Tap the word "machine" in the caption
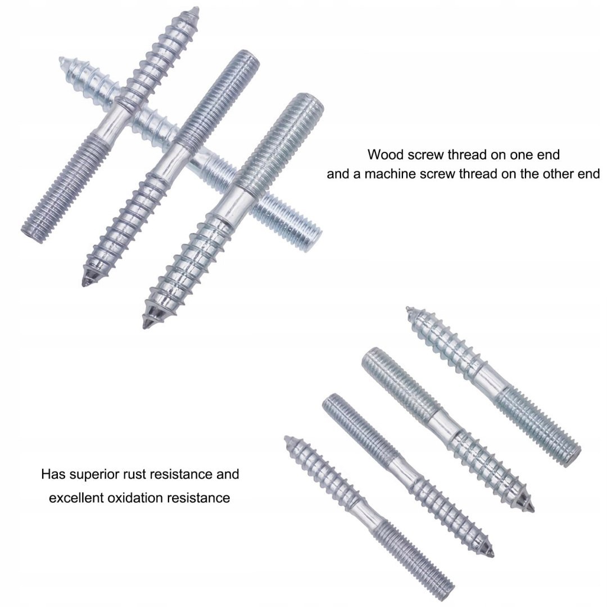(x=391, y=174)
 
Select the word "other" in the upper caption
(x=559, y=174)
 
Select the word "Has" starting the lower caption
(x=53, y=474)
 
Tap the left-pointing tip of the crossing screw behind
(x=62, y=60)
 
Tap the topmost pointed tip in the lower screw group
(x=408, y=309)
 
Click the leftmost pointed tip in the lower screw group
(x=287, y=439)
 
